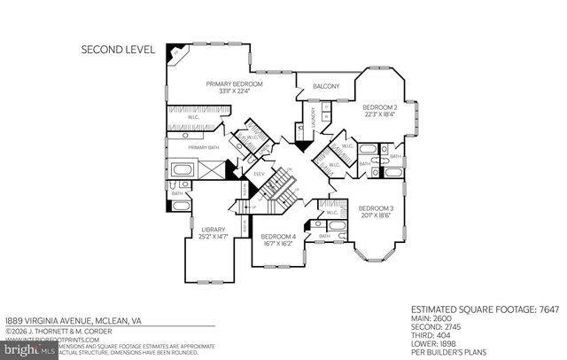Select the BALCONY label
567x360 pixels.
coord(326,86)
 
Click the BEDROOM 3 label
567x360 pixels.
coord(376,207)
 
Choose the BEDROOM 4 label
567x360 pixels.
coord(278,236)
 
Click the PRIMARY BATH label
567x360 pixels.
coord(202,147)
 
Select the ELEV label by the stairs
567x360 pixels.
coord(260,174)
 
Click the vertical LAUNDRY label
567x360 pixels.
coord(312,121)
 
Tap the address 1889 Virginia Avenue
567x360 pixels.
coord(73,320)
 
